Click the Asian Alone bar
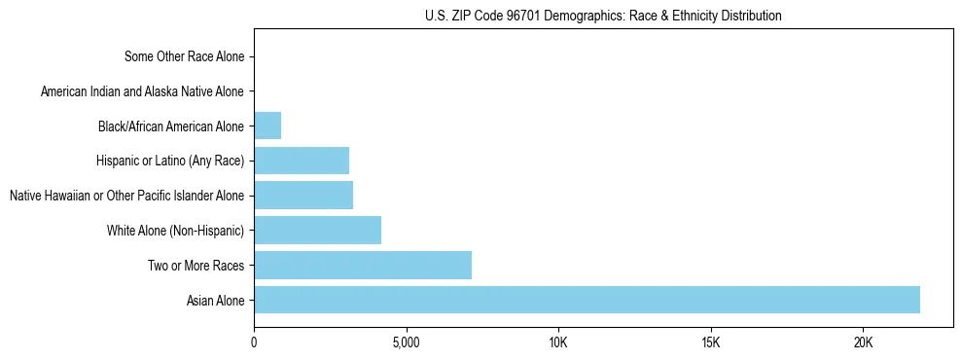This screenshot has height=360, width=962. pyautogui.click(x=587, y=300)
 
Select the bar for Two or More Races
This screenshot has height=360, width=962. pyautogui.click(x=363, y=265)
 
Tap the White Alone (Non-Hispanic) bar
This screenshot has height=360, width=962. pyautogui.click(x=317, y=231)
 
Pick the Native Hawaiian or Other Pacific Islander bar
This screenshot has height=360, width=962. pyautogui.click(x=303, y=196)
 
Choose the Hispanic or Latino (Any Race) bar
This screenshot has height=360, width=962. pyautogui.click(x=302, y=161)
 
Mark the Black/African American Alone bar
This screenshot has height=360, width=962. pyautogui.click(x=267, y=126)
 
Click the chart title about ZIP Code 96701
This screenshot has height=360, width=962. pyautogui.click(x=603, y=16)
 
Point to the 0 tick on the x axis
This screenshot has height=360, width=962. pyautogui.click(x=254, y=342)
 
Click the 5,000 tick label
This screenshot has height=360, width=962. pyautogui.click(x=406, y=342)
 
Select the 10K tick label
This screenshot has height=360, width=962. pyautogui.click(x=558, y=342)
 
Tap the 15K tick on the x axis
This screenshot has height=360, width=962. pyautogui.click(x=710, y=342)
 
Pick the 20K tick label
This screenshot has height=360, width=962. pyautogui.click(x=863, y=342)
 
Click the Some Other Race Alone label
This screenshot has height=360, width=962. pyautogui.click(x=185, y=56)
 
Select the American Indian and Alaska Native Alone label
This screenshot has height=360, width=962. pyautogui.click(x=143, y=91)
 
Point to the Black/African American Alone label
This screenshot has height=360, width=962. pyautogui.click(x=171, y=126)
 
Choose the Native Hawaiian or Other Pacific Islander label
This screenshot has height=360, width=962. pyautogui.click(x=126, y=196)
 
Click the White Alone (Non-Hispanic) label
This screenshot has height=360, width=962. pyautogui.click(x=176, y=231)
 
